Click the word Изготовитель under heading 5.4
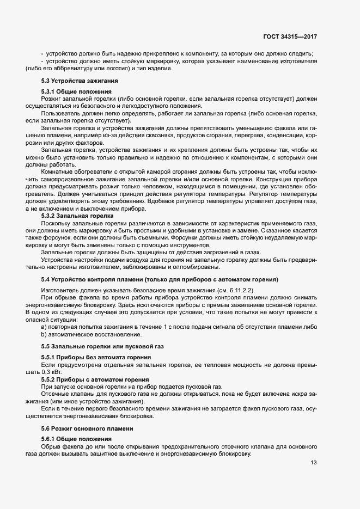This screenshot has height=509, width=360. [59, 290]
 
